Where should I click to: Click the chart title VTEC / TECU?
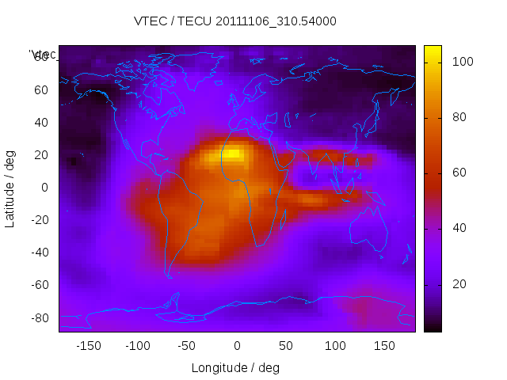[x=234, y=21]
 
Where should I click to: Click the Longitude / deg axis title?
[x=235, y=367]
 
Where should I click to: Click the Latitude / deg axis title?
[x=10, y=188]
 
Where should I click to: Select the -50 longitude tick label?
[x=187, y=346]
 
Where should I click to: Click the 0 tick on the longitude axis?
[x=237, y=346]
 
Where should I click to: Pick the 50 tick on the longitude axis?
[x=286, y=346]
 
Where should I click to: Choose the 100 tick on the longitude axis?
[x=335, y=346]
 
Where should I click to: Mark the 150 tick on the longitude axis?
[x=385, y=346]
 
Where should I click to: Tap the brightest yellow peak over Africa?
[x=232, y=154]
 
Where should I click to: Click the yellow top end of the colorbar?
[x=433, y=52]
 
